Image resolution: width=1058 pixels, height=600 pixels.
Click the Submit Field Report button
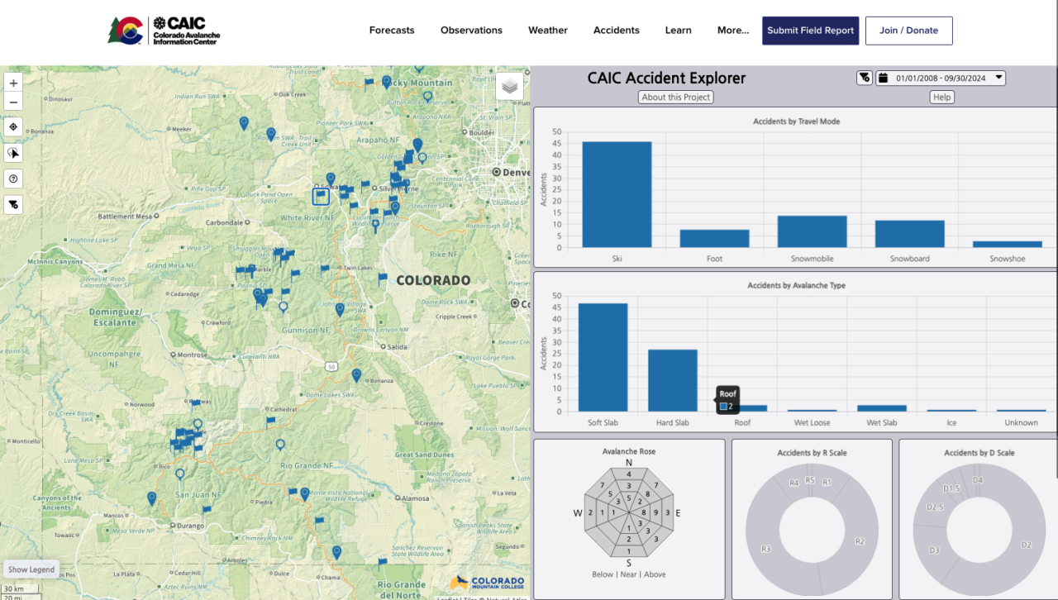[810, 31]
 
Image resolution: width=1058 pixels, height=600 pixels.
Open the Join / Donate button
[908, 31]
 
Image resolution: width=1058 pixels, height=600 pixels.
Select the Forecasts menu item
[392, 31]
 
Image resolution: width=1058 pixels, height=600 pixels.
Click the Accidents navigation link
[616, 31]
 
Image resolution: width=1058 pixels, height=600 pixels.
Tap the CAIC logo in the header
[164, 31]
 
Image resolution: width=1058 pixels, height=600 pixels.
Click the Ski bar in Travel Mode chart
[617, 195]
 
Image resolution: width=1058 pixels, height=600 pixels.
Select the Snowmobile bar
[812, 231]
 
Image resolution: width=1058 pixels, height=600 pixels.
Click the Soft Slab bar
[603, 357]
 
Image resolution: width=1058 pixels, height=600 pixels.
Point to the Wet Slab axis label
[882, 423]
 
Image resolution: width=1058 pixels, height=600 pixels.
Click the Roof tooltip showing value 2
[727, 400]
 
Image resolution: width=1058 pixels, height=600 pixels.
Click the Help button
[941, 97]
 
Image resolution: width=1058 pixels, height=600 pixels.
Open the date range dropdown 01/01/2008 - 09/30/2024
[941, 78]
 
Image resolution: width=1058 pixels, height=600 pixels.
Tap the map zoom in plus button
[13, 83]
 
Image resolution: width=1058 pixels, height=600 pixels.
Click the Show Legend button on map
[31, 569]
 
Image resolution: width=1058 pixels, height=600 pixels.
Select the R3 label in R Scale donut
[765, 548]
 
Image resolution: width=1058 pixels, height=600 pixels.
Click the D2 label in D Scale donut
[1026, 545]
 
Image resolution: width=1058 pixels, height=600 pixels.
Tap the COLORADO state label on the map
[433, 280]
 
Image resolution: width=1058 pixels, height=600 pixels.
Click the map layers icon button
[509, 86]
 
